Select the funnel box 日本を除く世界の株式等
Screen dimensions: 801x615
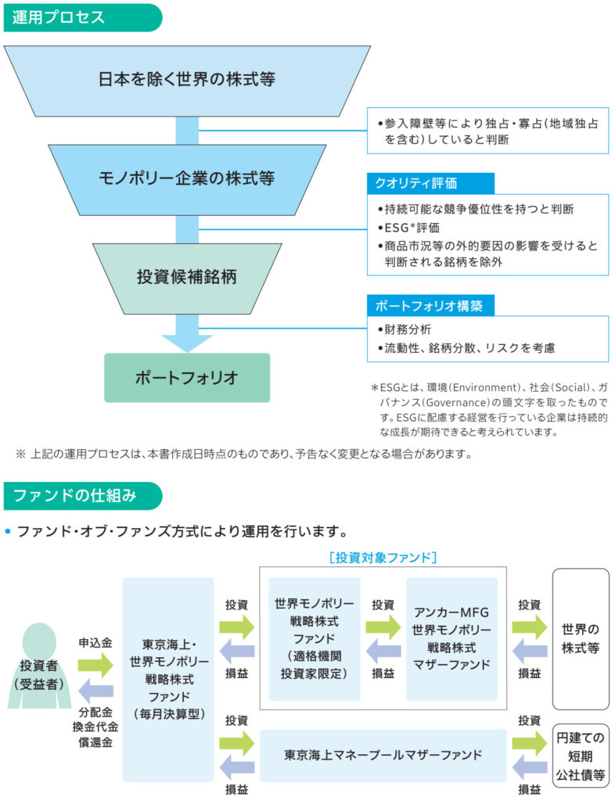[187, 79]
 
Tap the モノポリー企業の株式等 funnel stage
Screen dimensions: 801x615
[187, 178]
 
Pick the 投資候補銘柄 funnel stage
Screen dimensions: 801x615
[187, 277]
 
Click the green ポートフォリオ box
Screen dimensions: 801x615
[187, 378]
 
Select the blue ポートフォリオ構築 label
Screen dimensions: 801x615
[430, 304]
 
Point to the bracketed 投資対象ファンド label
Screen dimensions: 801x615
[383, 557]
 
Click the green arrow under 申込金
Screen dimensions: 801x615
[95, 666]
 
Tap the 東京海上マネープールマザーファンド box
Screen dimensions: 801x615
[383, 755]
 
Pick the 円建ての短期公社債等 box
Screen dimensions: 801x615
[580, 755]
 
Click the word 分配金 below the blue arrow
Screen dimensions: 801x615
[95, 713]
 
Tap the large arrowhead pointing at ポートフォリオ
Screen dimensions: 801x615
[187, 339]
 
